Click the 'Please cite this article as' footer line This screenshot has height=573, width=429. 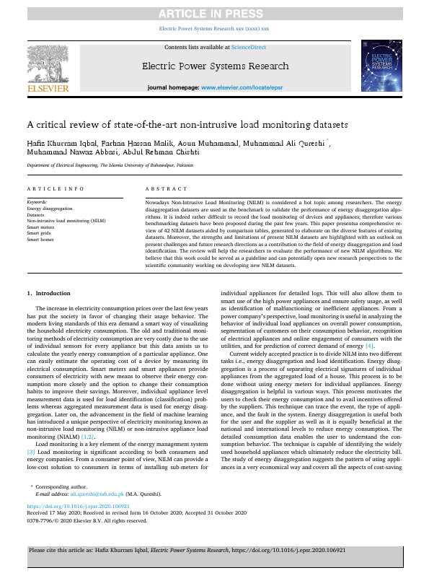[214, 550]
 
